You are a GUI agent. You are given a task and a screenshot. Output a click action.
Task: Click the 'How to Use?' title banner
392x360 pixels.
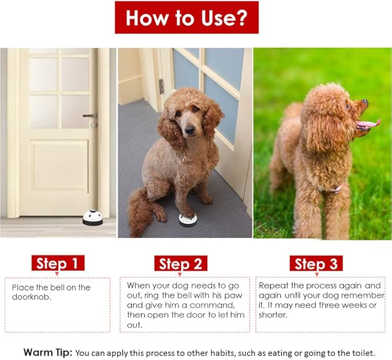click(186, 17)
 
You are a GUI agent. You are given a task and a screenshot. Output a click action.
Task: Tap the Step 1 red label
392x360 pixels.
click(58, 263)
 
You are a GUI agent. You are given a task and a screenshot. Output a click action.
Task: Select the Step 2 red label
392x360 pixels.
click(181, 263)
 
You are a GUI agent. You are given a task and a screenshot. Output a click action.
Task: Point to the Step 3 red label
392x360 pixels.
click(316, 263)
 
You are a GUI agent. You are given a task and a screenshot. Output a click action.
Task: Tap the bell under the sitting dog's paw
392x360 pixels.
click(188, 220)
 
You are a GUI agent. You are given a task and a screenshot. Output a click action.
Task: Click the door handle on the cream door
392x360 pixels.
click(89, 115)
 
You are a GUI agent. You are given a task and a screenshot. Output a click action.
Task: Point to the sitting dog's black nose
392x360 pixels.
click(190, 130)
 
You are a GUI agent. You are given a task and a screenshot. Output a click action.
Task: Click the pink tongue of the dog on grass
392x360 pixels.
click(368, 123)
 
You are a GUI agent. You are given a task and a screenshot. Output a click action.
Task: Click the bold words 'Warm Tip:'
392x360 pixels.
click(48, 352)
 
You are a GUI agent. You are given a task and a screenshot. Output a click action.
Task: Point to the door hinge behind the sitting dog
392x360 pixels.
click(162, 86)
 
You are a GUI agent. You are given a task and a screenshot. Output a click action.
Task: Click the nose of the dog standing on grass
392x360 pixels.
click(365, 102)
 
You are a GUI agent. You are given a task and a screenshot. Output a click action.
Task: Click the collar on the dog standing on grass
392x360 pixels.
click(330, 189)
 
